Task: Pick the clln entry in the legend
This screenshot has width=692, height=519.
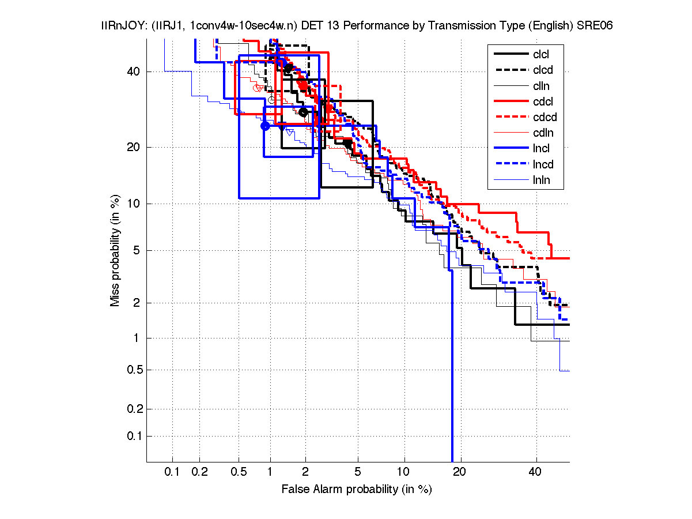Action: [x=542, y=86]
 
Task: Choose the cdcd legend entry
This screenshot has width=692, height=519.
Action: [x=544, y=118]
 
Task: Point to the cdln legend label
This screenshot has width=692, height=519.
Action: [x=542, y=133]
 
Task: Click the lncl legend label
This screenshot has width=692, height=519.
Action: [x=542, y=149]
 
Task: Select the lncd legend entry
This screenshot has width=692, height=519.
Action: [x=543, y=164]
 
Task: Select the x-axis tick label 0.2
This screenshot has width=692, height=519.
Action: [x=199, y=472]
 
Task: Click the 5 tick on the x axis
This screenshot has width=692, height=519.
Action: [x=357, y=472]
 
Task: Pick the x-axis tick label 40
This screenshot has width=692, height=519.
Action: [x=536, y=472]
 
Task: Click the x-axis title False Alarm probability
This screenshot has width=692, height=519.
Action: [x=356, y=489]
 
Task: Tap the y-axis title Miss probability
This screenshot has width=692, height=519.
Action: [x=116, y=251]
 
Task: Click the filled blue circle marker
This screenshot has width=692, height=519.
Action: [x=265, y=126]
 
